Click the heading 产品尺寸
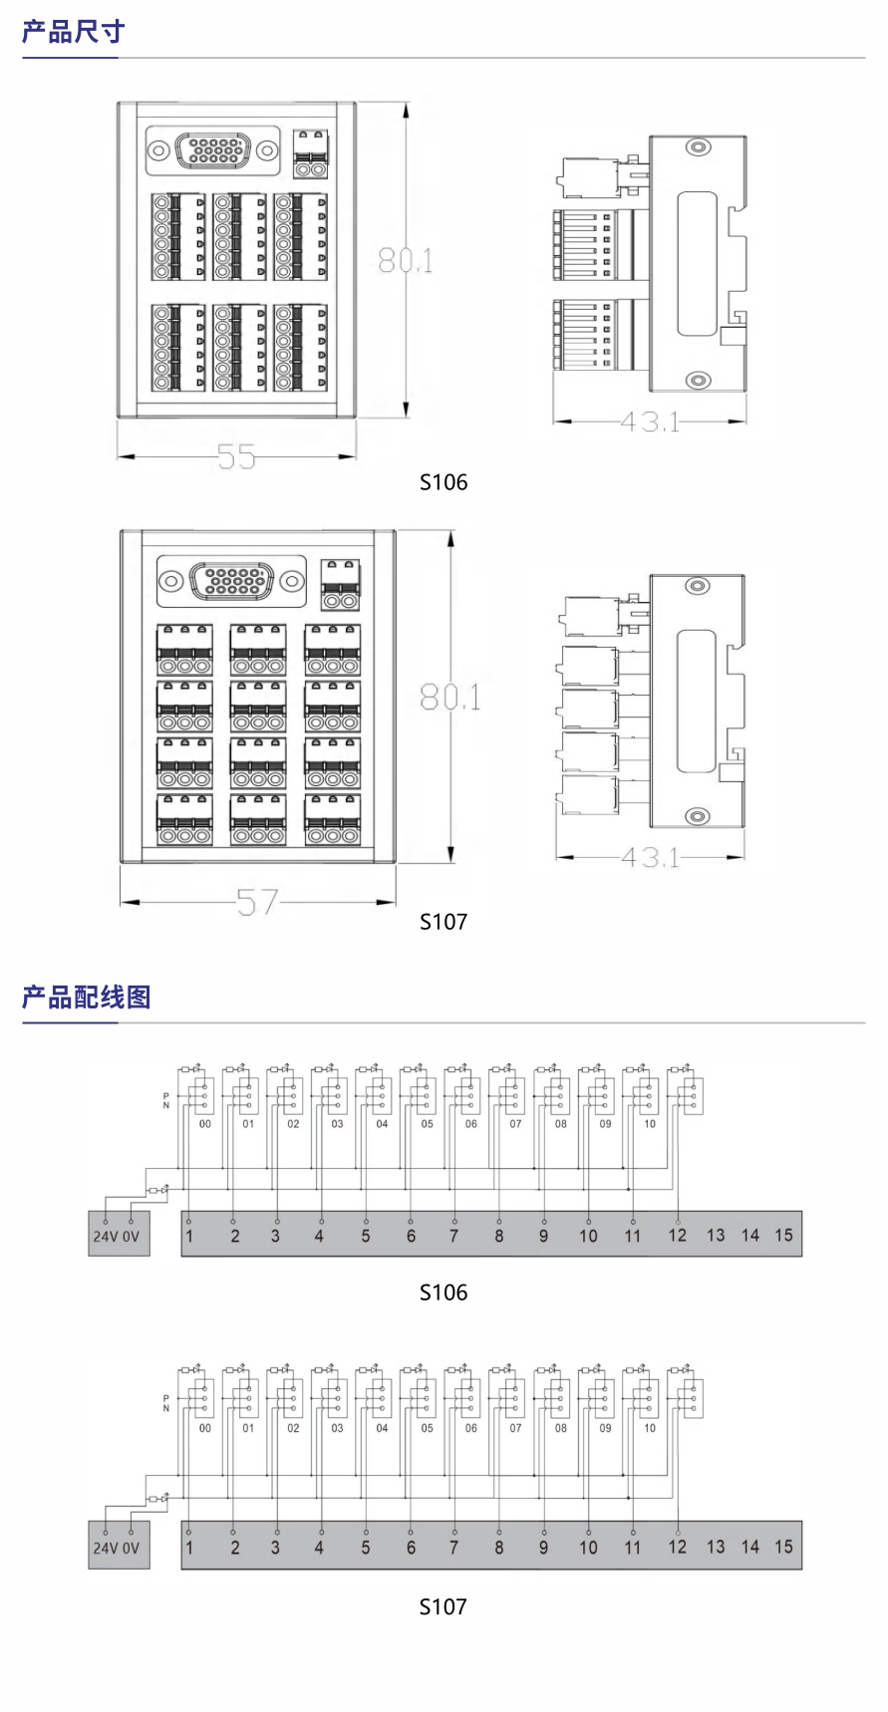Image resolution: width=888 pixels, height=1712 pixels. [x=74, y=32]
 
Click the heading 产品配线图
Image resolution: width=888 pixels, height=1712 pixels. [x=87, y=997]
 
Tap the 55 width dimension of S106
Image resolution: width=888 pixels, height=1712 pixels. [x=236, y=457]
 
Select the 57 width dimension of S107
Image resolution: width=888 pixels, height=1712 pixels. [x=257, y=903]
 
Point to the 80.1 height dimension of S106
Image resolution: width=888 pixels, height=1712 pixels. [x=406, y=261]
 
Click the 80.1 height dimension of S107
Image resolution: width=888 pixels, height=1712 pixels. [x=450, y=698]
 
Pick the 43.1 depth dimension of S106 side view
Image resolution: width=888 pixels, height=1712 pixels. [x=650, y=423]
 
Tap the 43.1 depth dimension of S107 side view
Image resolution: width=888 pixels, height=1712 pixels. [x=650, y=857]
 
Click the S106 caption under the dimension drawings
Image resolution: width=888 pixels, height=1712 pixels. [x=444, y=482]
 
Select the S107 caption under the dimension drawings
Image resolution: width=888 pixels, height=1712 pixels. [x=444, y=922]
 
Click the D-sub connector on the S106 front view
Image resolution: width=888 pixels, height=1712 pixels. [x=212, y=150]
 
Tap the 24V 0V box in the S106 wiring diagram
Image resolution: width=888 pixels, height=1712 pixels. [x=118, y=1236]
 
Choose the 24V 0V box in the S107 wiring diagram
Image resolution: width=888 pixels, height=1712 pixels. [x=118, y=1548]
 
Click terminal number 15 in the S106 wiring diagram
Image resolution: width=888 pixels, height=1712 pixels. [x=783, y=1236]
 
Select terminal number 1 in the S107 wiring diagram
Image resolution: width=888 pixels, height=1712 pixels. [x=189, y=1548]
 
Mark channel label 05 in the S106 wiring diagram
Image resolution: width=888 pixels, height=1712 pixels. [x=427, y=1124]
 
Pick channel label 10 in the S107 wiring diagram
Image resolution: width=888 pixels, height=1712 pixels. [x=650, y=1428]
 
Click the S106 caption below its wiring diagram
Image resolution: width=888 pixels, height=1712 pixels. [x=444, y=1292]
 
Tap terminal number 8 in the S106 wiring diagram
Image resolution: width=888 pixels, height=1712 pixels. [x=499, y=1236]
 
